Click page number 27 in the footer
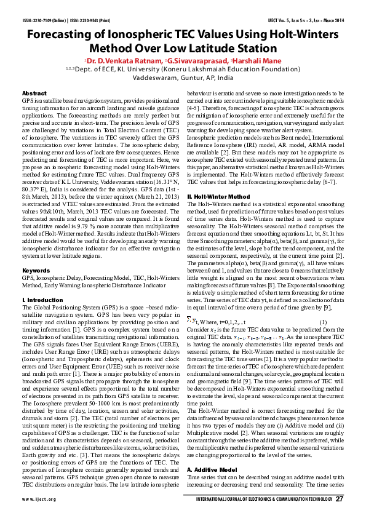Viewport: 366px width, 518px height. pyautogui.click(x=340, y=499)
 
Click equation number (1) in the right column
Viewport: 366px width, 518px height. pyautogui.click(x=322, y=323)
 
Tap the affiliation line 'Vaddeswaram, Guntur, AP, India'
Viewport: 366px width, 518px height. pyautogui.click(x=183, y=79)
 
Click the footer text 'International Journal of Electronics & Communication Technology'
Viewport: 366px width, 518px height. pyautogui.click(x=258, y=500)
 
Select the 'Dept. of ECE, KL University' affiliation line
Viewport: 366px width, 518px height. pyautogui.click(x=183, y=70)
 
